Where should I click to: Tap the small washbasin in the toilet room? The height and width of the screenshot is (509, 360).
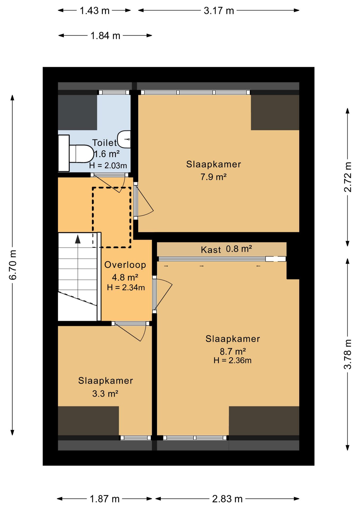(x=124, y=139)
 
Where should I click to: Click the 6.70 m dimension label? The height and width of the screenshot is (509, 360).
(x=13, y=265)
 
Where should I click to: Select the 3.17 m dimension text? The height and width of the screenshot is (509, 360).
(x=219, y=11)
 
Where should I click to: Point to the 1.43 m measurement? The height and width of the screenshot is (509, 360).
(x=95, y=11)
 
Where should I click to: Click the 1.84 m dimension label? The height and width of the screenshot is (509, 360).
(x=105, y=36)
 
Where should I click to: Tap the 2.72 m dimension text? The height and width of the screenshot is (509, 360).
(x=348, y=177)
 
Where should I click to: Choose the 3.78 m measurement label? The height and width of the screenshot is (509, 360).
(x=348, y=354)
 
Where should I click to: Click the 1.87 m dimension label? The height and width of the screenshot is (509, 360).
(x=104, y=499)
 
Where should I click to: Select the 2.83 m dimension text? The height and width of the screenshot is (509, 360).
(x=227, y=499)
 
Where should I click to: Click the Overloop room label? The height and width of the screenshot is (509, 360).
(x=125, y=265)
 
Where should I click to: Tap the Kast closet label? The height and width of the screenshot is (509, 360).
(x=211, y=250)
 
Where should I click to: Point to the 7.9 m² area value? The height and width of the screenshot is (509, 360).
(x=213, y=177)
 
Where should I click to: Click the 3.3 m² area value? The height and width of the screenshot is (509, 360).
(x=105, y=394)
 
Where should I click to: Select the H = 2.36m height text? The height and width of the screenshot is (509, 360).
(x=232, y=361)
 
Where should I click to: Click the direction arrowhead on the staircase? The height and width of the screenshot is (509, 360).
(x=78, y=239)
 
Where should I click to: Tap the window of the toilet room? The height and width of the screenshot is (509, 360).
(x=114, y=93)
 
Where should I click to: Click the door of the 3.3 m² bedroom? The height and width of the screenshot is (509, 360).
(x=130, y=331)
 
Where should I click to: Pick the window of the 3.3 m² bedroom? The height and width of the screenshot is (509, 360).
(x=136, y=438)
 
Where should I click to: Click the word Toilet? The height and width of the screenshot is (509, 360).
(x=104, y=143)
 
